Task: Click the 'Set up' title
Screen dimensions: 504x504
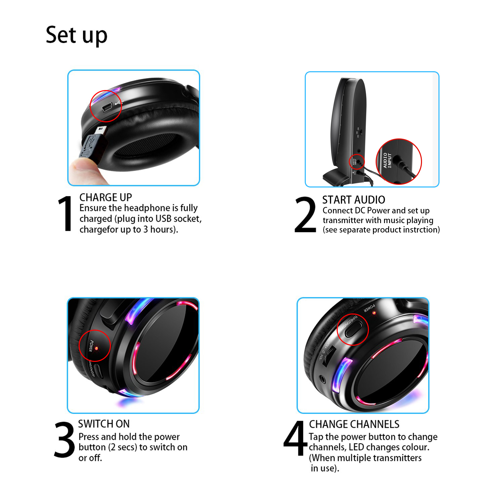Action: [x=76, y=35]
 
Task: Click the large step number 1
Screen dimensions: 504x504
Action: [x=65, y=214]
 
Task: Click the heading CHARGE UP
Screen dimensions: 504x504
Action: [x=106, y=197]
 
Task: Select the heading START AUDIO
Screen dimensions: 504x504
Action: [x=353, y=200]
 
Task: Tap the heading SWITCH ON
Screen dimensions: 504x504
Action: [x=104, y=424]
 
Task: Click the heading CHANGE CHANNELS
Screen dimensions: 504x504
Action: [x=354, y=424]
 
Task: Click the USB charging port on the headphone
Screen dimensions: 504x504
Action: [x=107, y=108]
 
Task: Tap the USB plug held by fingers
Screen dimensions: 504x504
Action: [x=94, y=144]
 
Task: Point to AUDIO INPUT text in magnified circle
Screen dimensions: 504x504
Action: [x=387, y=161]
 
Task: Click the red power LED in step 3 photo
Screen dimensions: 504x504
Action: [x=96, y=348]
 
